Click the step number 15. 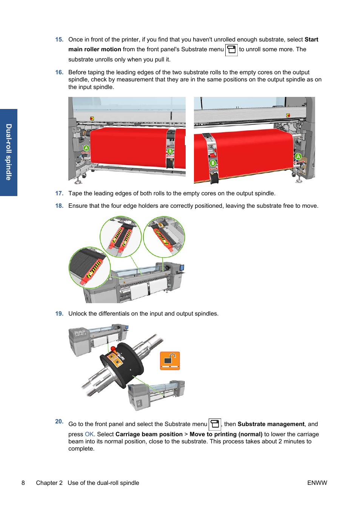click(x=59, y=40)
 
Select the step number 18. click(x=59, y=206)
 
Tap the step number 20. click(x=59, y=422)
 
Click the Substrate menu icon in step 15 click(x=231, y=50)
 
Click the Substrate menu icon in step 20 click(x=215, y=424)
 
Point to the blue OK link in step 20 click(x=89, y=434)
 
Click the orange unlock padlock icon click(x=170, y=360)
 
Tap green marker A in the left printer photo click(x=86, y=148)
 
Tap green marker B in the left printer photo click(x=170, y=151)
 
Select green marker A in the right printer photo click(x=298, y=156)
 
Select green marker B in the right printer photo click(x=213, y=163)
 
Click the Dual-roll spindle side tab click(x=9, y=152)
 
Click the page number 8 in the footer click(x=23, y=483)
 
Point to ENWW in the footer click(x=317, y=483)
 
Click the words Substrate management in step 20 click(x=271, y=424)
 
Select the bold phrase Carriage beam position click(x=149, y=434)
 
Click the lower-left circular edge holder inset click(x=89, y=268)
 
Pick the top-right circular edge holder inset click(x=164, y=236)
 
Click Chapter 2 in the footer click(x=49, y=483)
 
